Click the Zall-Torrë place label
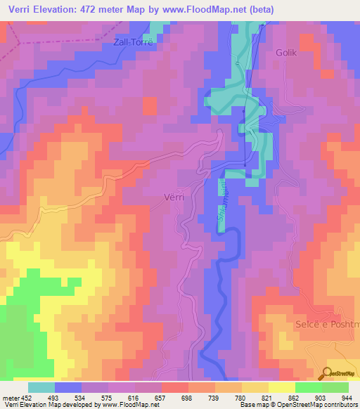[x=133, y=41]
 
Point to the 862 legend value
[x=295, y=397]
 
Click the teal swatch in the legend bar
[x=41, y=387]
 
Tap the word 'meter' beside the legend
[x=11, y=397]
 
